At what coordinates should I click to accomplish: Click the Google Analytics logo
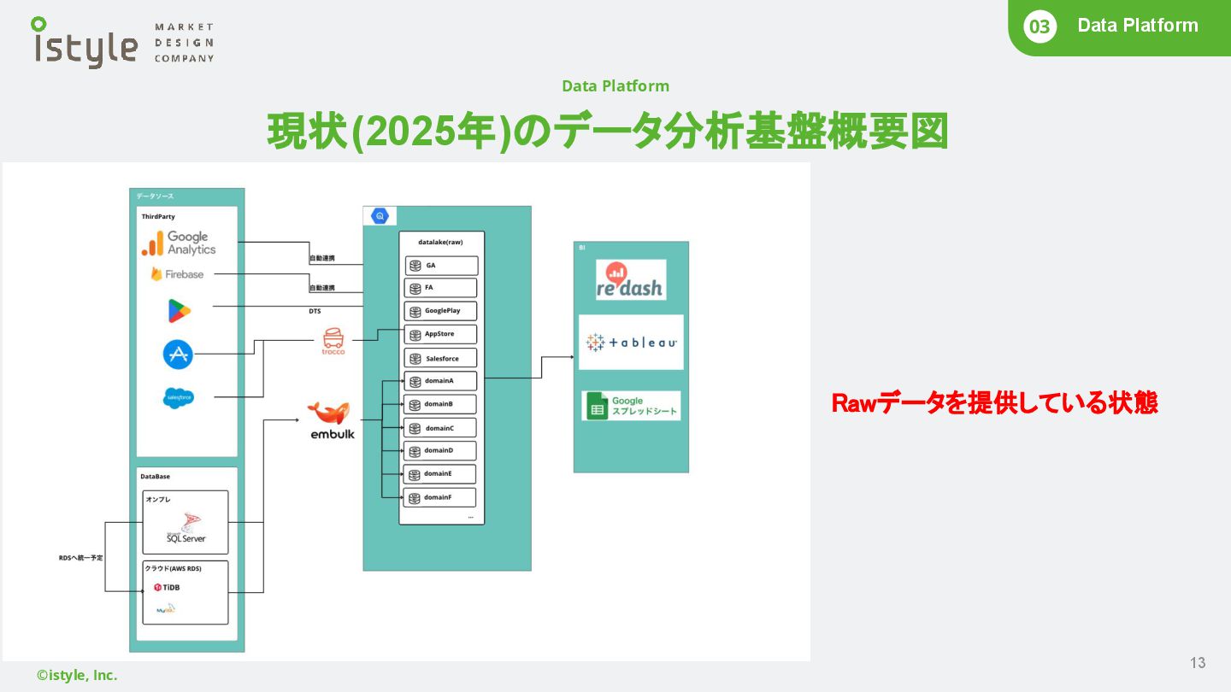[179, 243]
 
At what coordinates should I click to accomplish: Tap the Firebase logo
[178, 274]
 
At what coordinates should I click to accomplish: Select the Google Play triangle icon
[179, 311]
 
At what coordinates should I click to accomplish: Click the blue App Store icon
[178, 354]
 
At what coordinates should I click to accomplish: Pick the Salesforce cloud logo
[179, 398]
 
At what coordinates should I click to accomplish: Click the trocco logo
[333, 341]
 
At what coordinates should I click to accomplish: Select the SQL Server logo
[186, 532]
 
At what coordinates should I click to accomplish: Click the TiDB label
[167, 588]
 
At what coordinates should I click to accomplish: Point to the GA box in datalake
[441, 266]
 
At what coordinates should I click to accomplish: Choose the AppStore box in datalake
[441, 335]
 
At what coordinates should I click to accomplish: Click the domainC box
[441, 428]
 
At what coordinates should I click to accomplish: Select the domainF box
[441, 497]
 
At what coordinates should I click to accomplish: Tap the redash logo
[631, 280]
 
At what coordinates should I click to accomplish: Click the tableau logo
[631, 343]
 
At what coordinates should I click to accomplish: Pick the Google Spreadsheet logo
[631, 406]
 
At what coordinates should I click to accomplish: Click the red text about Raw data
[994, 403]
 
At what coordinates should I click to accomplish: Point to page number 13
[1198, 663]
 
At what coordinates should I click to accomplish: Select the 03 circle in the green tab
[1039, 26]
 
